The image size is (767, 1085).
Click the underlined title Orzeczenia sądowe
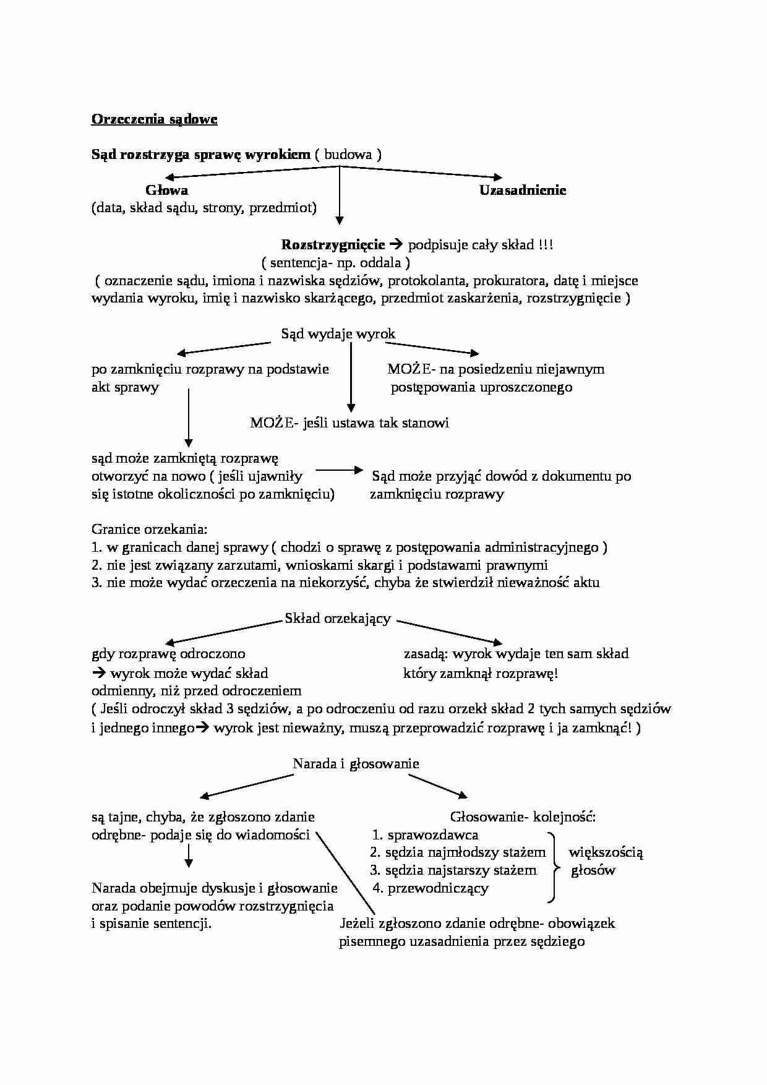(x=154, y=119)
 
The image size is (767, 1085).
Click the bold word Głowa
(x=167, y=191)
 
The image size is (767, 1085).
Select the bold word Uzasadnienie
(x=523, y=191)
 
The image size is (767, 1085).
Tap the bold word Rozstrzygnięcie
(x=333, y=245)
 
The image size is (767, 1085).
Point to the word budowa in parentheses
(x=348, y=155)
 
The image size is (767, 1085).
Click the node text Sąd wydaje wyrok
(x=338, y=334)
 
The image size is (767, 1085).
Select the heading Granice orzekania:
(x=150, y=530)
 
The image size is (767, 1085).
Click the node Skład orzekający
(x=338, y=619)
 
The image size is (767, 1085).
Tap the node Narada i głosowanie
(x=356, y=764)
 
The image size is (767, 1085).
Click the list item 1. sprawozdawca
(x=426, y=835)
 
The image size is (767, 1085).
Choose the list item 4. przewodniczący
(x=431, y=888)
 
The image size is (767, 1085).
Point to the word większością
(x=606, y=853)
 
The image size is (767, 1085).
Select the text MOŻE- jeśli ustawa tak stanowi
(x=349, y=423)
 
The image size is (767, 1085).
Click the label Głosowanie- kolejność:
(x=523, y=817)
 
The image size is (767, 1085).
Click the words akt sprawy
(x=125, y=388)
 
